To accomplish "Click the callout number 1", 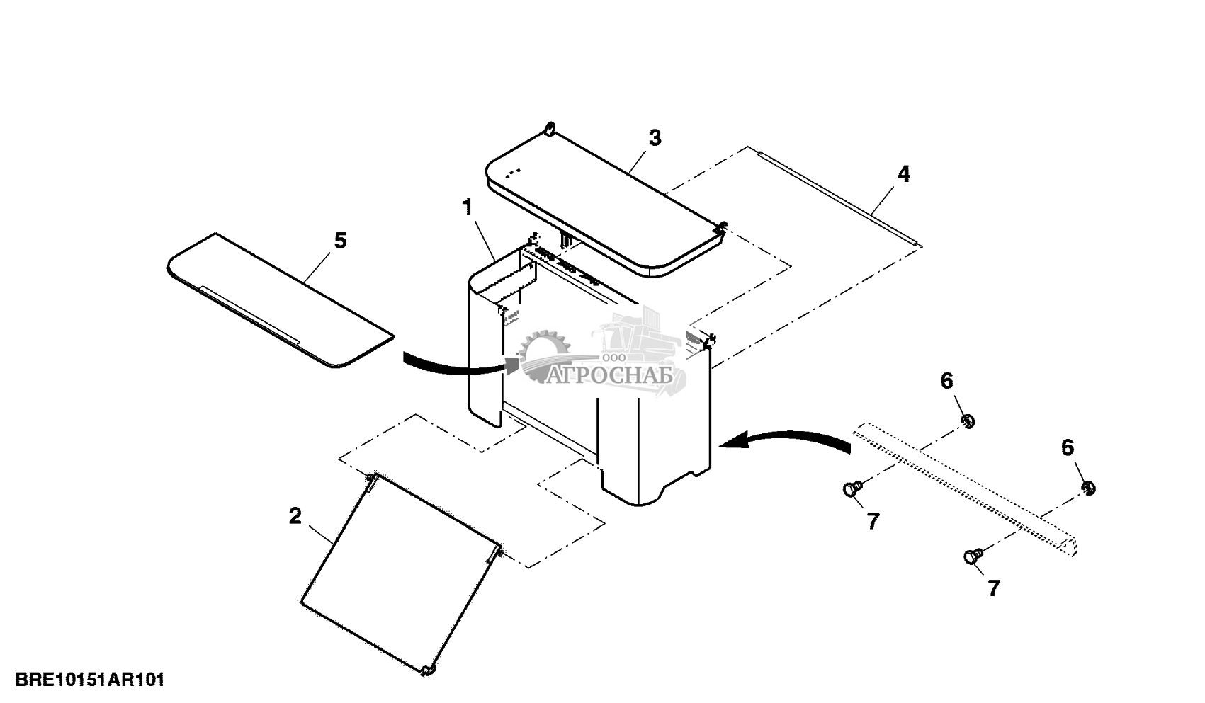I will (467, 207).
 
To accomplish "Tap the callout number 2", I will (295, 516).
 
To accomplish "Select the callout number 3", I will (655, 138).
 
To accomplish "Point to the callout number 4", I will (903, 174).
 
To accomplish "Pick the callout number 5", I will (340, 241).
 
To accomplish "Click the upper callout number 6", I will (947, 381).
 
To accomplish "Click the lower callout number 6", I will (1068, 447).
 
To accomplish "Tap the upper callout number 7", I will (873, 522).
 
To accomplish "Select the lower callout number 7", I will (994, 588).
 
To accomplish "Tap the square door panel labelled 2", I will (400, 573).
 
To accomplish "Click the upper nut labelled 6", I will (968, 422).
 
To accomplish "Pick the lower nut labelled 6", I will (1089, 488).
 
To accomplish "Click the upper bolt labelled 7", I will (852, 488).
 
